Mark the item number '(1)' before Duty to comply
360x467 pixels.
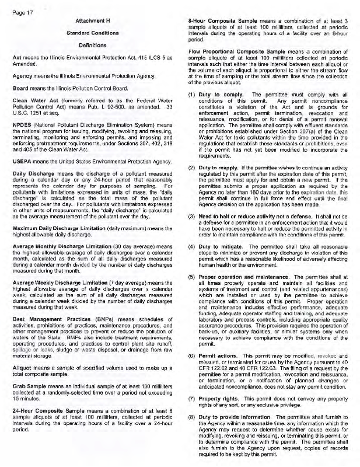click(x=191, y=94)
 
